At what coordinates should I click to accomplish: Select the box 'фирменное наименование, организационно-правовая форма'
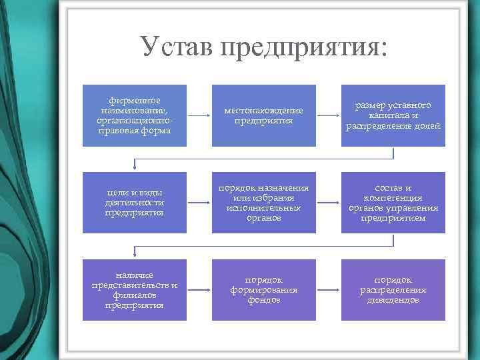pos(134,115)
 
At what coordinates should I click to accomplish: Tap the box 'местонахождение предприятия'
pos(263,115)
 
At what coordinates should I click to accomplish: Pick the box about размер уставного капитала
pos(393,115)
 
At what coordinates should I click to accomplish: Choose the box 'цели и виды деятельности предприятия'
pos(134,203)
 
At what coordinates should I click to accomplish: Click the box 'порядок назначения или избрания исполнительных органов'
pos(263,203)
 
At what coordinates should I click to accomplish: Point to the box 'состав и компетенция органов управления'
pos(393,203)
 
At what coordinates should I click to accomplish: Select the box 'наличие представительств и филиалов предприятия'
pos(134,290)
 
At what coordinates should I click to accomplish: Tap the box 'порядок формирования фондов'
pos(263,290)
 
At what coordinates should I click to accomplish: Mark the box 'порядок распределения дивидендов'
pos(393,290)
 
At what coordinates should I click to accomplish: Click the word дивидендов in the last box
pos(393,300)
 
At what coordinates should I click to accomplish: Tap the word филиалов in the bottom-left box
pos(134,295)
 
